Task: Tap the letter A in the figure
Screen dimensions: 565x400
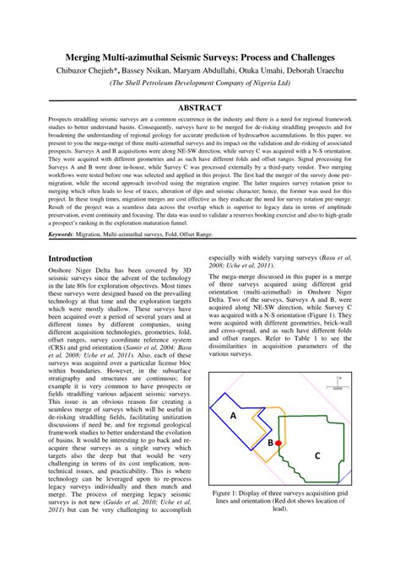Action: click(233, 415)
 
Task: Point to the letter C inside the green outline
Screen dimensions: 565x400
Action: click(317, 455)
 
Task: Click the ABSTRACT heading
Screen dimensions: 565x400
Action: click(200, 109)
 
